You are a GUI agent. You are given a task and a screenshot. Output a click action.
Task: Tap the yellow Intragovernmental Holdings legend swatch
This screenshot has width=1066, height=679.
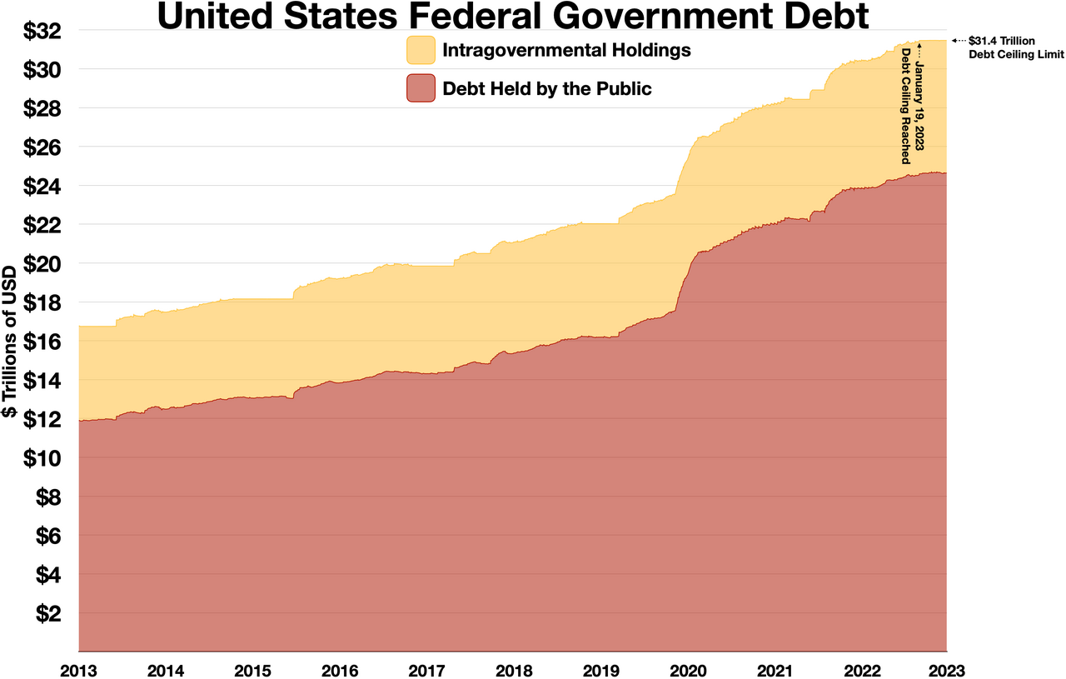point(421,50)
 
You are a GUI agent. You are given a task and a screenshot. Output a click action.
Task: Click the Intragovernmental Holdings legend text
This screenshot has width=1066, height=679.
point(566,50)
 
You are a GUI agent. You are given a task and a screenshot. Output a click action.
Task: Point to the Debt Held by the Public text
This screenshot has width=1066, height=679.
point(546,88)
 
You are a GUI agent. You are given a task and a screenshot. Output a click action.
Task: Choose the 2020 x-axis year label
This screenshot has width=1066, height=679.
point(688,669)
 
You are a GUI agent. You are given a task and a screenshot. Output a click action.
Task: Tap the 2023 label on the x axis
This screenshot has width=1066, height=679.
point(947,669)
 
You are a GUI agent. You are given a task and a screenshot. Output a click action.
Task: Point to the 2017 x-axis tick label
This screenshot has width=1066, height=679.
point(426,669)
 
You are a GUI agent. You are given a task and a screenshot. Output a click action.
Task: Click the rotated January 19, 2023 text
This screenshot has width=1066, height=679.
point(920,99)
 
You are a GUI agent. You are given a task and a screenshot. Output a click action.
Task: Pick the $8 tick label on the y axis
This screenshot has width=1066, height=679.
point(49,497)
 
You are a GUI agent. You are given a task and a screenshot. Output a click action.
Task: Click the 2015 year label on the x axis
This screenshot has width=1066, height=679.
point(253,669)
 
